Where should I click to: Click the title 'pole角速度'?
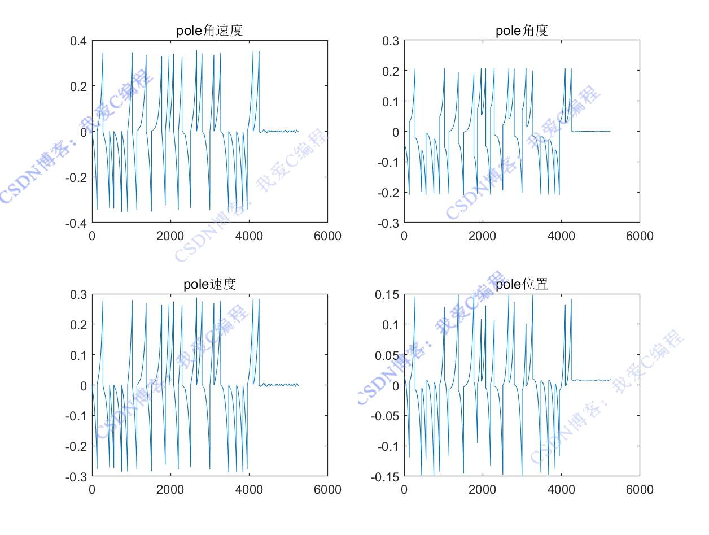tap(209, 31)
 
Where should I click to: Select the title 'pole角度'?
tap(522, 31)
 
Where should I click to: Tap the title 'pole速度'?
tap(209, 284)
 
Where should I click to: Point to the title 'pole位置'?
tap(522, 284)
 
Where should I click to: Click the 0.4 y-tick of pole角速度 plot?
tap(78, 41)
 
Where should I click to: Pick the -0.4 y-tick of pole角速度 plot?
tap(76, 223)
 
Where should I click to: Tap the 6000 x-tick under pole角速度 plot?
tap(327, 236)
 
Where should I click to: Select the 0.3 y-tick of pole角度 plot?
tap(390, 41)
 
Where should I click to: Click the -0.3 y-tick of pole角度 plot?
tap(388, 223)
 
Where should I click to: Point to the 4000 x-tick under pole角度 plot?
tap(561, 236)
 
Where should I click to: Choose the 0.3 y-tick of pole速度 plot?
tap(78, 294)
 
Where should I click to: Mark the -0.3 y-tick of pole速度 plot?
tap(76, 476)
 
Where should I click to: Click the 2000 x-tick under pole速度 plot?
tap(170, 489)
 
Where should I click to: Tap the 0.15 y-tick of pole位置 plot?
tap(387, 294)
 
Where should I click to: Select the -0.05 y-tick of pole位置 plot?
tap(386, 416)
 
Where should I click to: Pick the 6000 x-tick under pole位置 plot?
tap(640, 489)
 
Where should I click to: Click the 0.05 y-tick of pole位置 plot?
tap(387, 355)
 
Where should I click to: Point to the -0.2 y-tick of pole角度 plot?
tap(388, 192)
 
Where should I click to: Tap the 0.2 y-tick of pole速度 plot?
tap(78, 324)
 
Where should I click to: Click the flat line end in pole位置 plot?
tap(610, 380)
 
